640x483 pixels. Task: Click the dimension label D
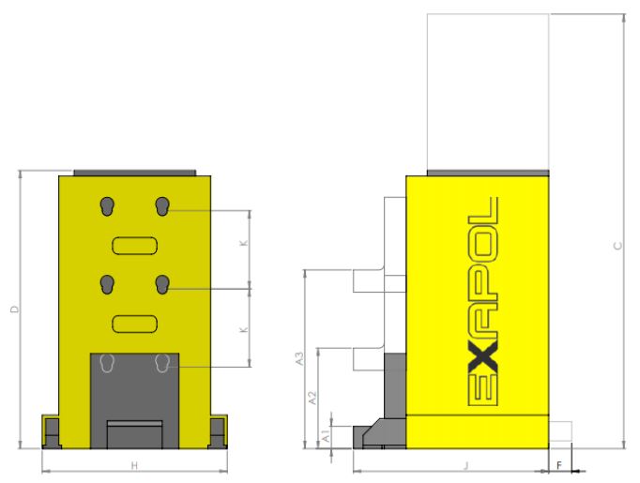click(15, 309)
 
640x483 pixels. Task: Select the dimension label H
click(135, 465)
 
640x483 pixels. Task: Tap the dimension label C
click(618, 246)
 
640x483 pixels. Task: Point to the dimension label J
click(467, 465)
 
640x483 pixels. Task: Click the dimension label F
click(559, 465)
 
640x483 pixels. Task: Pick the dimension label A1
click(327, 436)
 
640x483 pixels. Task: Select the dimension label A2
click(312, 399)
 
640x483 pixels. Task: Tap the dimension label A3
click(300, 358)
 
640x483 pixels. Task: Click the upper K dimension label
click(244, 243)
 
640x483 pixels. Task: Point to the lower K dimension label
click(244, 329)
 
